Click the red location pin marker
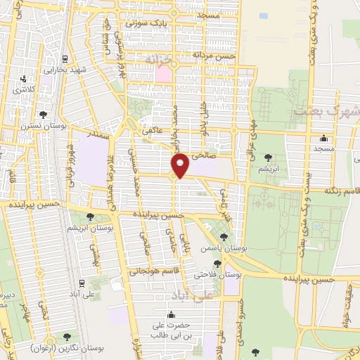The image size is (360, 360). (x=180, y=165)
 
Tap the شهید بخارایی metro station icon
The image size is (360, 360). (x=65, y=59)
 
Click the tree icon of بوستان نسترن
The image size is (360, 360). (x=44, y=114)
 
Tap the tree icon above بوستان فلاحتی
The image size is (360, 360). (x=217, y=264)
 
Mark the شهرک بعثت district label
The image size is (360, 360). (x=326, y=111)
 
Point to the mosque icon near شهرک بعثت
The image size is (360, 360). (x=323, y=138)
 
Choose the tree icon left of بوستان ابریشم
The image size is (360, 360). (x=89, y=217)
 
